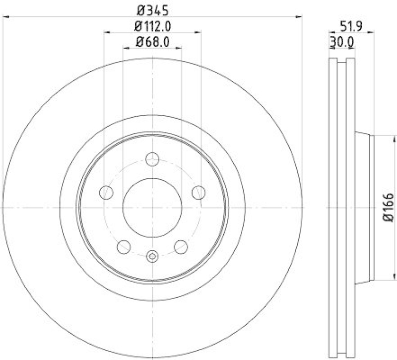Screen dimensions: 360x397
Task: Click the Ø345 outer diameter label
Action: click(152, 9)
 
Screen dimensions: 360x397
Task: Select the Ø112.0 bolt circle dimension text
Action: click(152, 26)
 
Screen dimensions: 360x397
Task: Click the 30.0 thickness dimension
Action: click(341, 43)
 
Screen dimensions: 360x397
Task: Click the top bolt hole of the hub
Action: click(152, 159)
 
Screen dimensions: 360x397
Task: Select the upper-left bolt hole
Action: click(106, 192)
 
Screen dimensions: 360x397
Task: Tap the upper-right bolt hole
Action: click(198, 192)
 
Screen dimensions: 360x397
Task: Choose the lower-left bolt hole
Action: click(124, 246)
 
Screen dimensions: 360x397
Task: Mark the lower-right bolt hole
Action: click(181, 246)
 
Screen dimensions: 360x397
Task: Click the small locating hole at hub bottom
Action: click(152, 256)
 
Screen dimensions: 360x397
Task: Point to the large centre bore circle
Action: click(152, 207)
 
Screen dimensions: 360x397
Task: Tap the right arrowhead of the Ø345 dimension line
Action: click(300, 16)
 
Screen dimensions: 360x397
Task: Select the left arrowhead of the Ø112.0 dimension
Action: click(106, 33)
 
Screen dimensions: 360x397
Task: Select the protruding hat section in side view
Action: click(363, 207)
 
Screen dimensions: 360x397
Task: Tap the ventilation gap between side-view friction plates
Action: click(341, 207)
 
